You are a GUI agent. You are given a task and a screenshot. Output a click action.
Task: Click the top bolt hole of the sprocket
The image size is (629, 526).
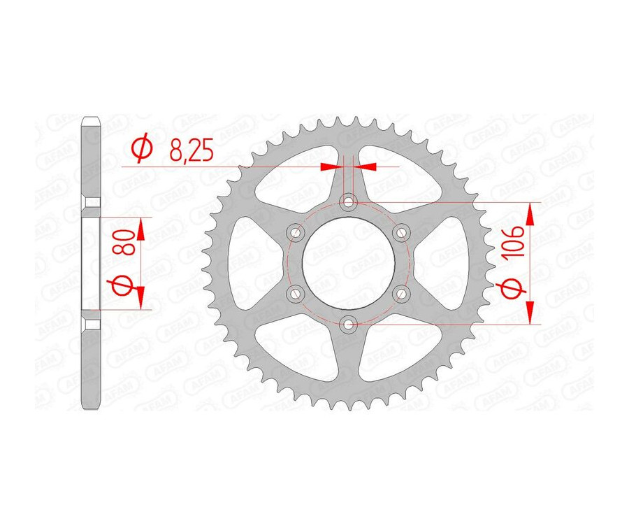tap(348, 203)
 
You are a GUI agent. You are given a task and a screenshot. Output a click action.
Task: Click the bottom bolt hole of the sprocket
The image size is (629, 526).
tap(348, 323)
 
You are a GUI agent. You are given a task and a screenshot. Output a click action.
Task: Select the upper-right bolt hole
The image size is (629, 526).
tap(400, 233)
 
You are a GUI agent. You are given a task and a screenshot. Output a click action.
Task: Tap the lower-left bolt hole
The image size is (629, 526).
tap(296, 292)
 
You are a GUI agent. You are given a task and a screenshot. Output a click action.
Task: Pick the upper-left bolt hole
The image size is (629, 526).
tap(296, 233)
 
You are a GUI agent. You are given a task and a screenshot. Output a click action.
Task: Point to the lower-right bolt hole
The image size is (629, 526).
tap(400, 292)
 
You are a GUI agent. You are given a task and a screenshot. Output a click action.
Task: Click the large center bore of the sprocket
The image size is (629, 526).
tap(348, 263)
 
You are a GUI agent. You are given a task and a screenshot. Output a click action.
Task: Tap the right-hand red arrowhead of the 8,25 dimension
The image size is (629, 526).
tap(366, 166)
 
